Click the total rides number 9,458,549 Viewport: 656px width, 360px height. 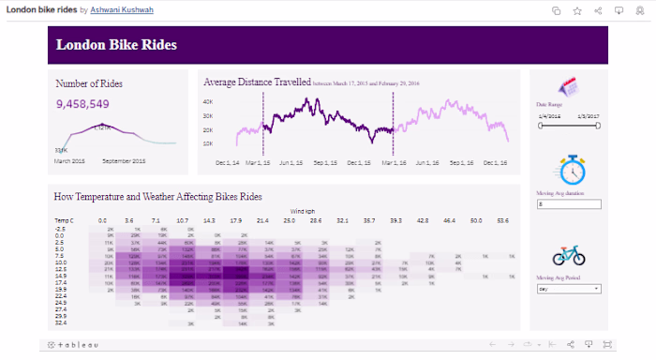pyautogui.click(x=82, y=104)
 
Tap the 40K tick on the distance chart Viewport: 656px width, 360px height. pyautogui.click(x=208, y=101)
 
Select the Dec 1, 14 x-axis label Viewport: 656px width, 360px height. pyautogui.click(x=226, y=162)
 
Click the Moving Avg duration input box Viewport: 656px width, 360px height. pyautogui.click(x=568, y=203)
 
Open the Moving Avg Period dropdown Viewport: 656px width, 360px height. pyautogui.click(x=568, y=289)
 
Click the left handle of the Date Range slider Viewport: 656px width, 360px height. pyautogui.click(x=541, y=124)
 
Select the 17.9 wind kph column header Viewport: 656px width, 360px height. pyautogui.click(x=236, y=220)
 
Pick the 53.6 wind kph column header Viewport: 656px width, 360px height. pyautogui.click(x=503, y=220)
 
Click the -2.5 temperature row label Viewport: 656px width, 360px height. pyautogui.click(x=60, y=229)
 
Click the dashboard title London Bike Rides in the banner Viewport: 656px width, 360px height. pyautogui.click(x=116, y=45)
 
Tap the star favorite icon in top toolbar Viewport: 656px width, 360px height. pyautogui.click(x=577, y=10)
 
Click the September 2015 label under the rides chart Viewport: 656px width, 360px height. pyautogui.click(x=124, y=161)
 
